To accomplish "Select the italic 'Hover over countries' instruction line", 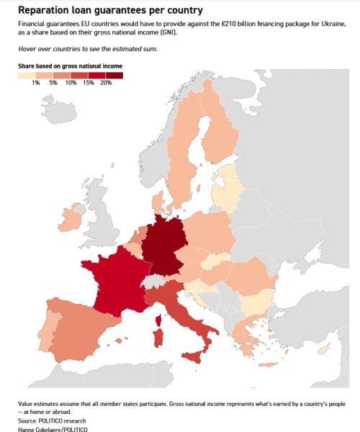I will [87, 48].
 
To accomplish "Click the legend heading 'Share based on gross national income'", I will [70, 66].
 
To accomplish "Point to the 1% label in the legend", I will [35, 84].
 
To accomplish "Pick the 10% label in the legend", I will [71, 84].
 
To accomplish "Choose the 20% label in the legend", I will [106, 84].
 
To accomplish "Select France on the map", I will [115, 281].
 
